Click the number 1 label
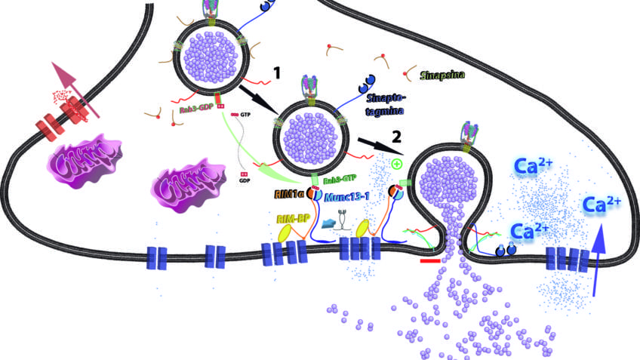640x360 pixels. click(x=277, y=73)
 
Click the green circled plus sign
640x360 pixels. click(x=396, y=164)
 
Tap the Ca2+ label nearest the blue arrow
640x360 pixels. click(x=602, y=204)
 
